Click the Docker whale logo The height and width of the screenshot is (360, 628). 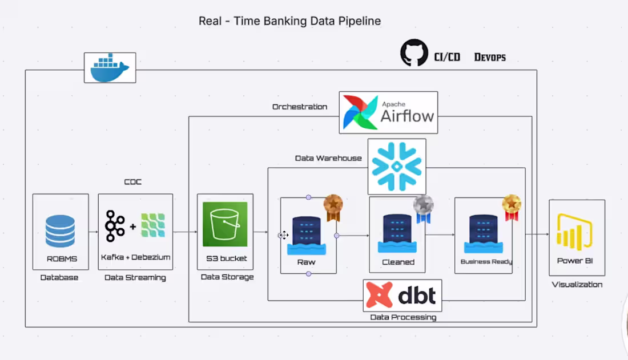110,67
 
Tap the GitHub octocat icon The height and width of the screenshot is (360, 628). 414,53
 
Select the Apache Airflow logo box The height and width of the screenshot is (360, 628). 388,112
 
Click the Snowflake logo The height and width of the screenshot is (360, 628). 397,166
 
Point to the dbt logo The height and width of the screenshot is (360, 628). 402,295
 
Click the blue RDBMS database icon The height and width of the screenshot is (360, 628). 61,232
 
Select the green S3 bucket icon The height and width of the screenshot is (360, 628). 225,224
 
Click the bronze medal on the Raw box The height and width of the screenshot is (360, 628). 333,207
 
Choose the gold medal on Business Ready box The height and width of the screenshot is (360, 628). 512,207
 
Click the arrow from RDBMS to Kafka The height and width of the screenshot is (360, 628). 93,232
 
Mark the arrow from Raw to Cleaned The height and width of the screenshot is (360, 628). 353,235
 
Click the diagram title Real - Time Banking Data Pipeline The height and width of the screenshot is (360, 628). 289,21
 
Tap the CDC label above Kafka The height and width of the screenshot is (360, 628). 132,182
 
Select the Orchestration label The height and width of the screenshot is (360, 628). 300,107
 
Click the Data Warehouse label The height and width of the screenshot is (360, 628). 328,158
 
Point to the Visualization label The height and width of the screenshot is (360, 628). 577,284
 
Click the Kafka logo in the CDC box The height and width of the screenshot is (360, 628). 115,226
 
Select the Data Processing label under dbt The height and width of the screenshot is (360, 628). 403,317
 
